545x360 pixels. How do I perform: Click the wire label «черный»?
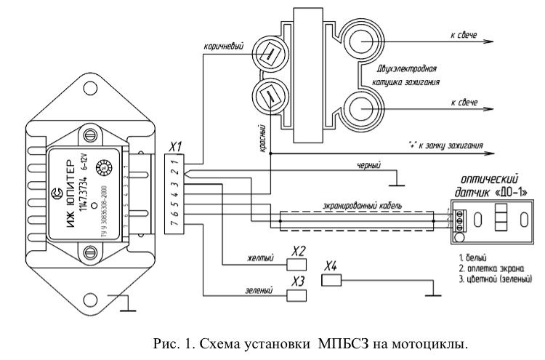369,166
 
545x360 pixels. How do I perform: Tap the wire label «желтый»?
260,257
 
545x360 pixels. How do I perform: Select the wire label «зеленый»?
260,291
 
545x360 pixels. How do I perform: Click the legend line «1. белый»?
472,257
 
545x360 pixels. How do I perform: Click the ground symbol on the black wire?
397,180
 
